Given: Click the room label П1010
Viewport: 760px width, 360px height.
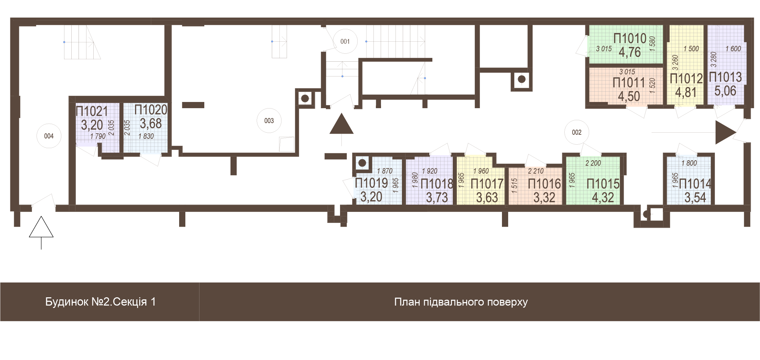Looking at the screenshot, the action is point(630,38).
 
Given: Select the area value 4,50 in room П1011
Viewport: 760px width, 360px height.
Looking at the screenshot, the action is point(629,96).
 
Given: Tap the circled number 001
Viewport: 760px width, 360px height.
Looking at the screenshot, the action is point(345,41).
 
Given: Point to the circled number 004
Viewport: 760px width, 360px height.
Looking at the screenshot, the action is point(49,136).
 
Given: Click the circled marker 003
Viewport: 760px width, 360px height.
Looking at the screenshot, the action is point(269,121).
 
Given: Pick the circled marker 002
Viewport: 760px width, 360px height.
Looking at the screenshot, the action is point(577,132).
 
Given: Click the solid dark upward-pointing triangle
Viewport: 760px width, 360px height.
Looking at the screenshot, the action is point(341,124).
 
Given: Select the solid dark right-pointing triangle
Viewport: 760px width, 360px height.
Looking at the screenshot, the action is point(726,132).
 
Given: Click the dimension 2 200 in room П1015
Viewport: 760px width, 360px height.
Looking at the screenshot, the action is point(593,163).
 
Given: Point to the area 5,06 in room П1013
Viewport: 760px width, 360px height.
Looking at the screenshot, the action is point(725,91).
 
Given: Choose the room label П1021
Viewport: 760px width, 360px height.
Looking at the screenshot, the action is point(92,111).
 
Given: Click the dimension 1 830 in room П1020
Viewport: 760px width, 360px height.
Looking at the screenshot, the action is point(146,136).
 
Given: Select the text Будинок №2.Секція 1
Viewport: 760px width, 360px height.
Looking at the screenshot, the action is point(100,302).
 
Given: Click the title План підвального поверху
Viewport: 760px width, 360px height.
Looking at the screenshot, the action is point(461,302).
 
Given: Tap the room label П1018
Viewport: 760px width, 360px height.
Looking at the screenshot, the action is point(437,184).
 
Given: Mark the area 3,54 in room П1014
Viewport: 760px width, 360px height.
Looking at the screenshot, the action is point(695,198).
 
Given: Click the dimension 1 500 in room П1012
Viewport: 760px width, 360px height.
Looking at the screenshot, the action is point(691,49).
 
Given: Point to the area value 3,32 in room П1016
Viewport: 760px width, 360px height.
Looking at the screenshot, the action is point(544,198).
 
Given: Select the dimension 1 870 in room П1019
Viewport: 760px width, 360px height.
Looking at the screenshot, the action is point(384,171).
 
